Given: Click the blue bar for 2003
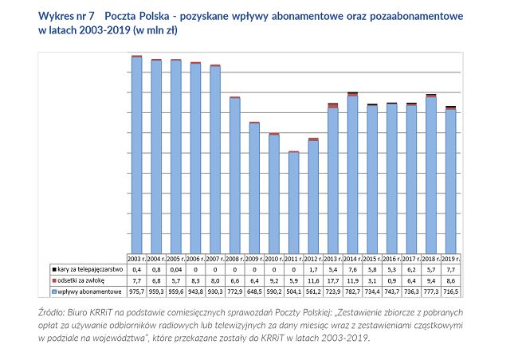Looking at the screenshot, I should [x=136, y=155].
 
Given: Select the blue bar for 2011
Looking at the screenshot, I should [x=293, y=203].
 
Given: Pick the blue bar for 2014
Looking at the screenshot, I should [x=352, y=175].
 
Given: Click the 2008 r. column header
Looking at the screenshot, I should [x=234, y=259].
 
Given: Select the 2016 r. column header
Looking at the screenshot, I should [x=391, y=259].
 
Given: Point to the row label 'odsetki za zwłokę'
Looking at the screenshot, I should [x=80, y=280].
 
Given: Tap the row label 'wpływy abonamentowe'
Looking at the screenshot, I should [x=86, y=292].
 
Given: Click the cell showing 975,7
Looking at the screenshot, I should [x=136, y=292].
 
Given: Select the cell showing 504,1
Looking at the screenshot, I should [x=293, y=292].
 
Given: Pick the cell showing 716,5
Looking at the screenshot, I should [x=450, y=292].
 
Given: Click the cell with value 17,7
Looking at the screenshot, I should [x=332, y=280].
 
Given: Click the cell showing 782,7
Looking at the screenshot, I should [x=352, y=292].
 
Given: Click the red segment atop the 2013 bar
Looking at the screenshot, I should [x=332, y=106].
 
